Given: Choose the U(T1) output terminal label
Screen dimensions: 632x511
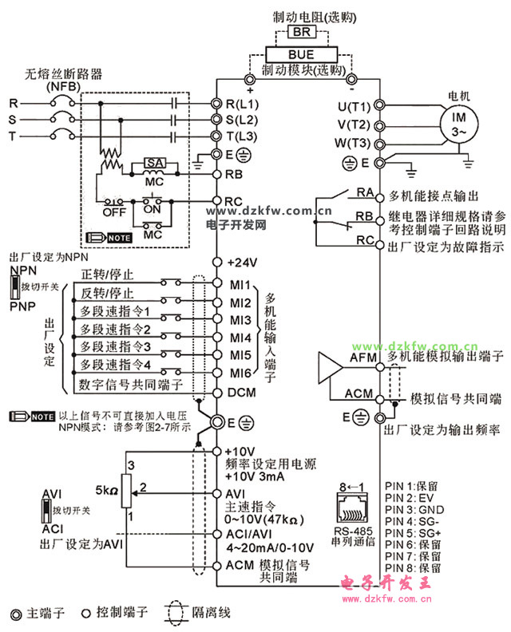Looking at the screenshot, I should [354, 106].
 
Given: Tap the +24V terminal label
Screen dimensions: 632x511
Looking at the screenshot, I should [242, 263].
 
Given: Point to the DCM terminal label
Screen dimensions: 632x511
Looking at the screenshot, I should [242, 393].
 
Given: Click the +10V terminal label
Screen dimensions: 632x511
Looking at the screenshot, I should [240, 451].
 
